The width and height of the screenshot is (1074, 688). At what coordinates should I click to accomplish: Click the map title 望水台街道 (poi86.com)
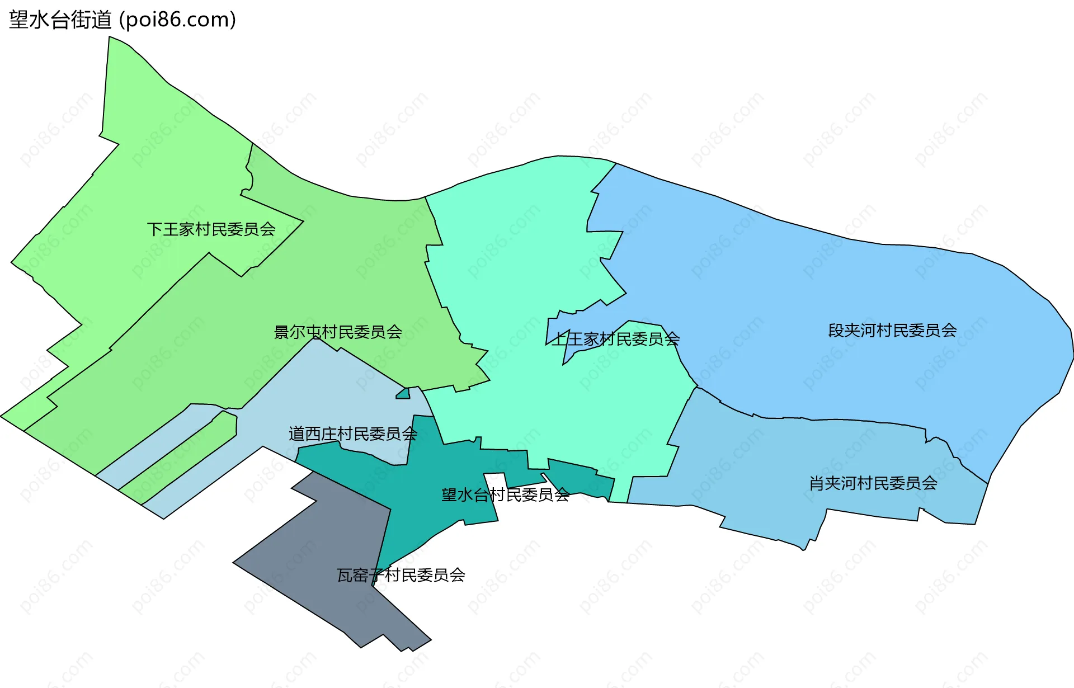(122, 20)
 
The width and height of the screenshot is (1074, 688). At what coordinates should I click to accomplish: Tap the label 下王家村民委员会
(211, 229)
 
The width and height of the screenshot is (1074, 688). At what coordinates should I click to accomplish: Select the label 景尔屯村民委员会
(337, 332)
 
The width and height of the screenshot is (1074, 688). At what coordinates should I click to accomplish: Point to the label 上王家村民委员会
(615, 339)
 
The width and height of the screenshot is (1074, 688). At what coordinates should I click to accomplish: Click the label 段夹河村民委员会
(892, 331)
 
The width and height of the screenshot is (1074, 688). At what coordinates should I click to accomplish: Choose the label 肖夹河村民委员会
(873, 483)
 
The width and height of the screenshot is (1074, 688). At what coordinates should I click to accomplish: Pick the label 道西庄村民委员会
(352, 434)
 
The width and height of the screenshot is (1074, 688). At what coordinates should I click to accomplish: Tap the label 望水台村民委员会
(505, 495)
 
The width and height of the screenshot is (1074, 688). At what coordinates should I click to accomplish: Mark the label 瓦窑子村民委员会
(401, 575)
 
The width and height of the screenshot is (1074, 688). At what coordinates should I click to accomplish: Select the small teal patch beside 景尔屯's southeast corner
(403, 394)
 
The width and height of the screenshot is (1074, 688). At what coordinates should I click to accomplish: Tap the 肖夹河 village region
(783, 475)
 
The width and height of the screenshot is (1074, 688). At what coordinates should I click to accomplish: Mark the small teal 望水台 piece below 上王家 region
(582, 478)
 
